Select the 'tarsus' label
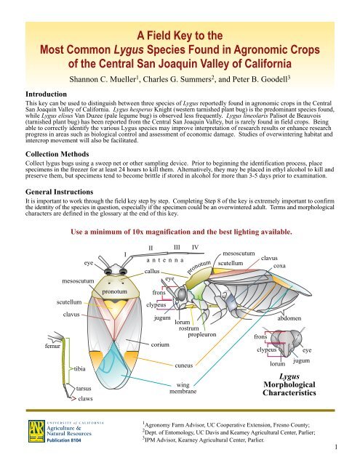(86, 389)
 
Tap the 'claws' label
(87, 399)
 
